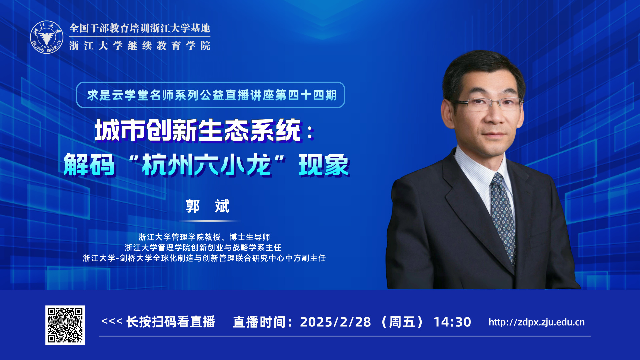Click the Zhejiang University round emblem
click(47, 37)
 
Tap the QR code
click(65, 325)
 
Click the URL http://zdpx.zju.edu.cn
click(537, 322)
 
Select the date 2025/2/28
click(335, 322)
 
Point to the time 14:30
click(452, 322)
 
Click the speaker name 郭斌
click(207, 206)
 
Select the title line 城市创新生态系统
click(198, 130)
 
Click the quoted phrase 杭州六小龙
click(206, 165)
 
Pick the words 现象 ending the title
click(324, 165)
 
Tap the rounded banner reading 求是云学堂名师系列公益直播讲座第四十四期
click(211, 95)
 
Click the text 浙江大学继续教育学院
click(140, 46)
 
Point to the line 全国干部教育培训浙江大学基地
click(140, 28)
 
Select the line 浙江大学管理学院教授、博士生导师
click(204, 237)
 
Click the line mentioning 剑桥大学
click(204, 258)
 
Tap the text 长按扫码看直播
click(171, 322)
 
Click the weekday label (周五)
click(402, 322)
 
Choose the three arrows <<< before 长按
click(112, 321)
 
